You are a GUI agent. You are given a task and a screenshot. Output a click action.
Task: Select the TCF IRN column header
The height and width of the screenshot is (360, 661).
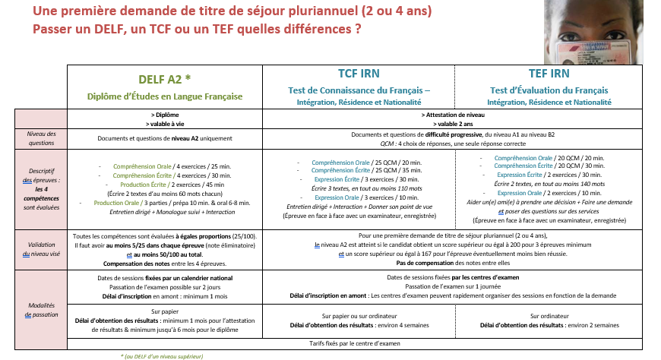[x=358, y=74]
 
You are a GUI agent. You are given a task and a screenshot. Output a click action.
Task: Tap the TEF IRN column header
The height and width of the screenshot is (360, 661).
[x=549, y=74]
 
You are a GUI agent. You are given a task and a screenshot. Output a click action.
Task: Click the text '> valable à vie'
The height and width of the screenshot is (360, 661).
[x=164, y=122]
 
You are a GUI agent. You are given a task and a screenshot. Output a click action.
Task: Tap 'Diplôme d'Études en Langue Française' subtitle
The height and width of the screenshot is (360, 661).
[x=164, y=96]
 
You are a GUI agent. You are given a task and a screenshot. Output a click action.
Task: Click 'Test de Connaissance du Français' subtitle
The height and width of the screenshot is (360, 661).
[x=359, y=90]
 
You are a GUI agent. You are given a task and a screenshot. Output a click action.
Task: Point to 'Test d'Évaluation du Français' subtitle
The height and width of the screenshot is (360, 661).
[x=549, y=90]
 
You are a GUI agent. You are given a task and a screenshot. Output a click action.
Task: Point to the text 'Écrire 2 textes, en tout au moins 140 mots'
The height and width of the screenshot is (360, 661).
[x=549, y=185]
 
